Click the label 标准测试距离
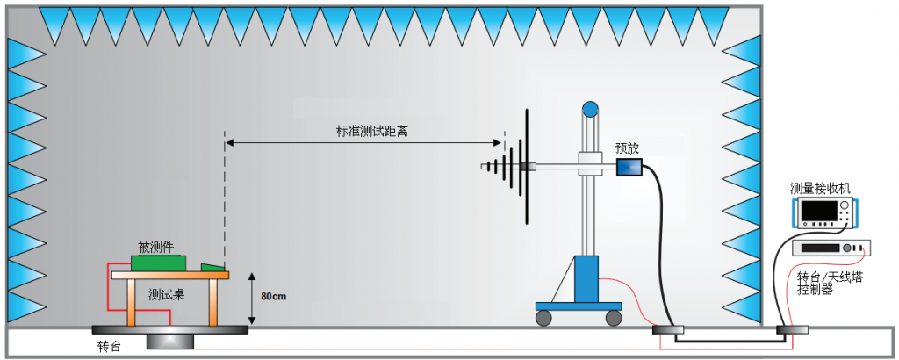point(371,131)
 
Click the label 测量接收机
point(820,188)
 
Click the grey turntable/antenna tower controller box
point(830,248)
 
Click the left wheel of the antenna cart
point(544,316)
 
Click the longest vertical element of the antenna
point(527,166)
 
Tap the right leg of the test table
point(212,303)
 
